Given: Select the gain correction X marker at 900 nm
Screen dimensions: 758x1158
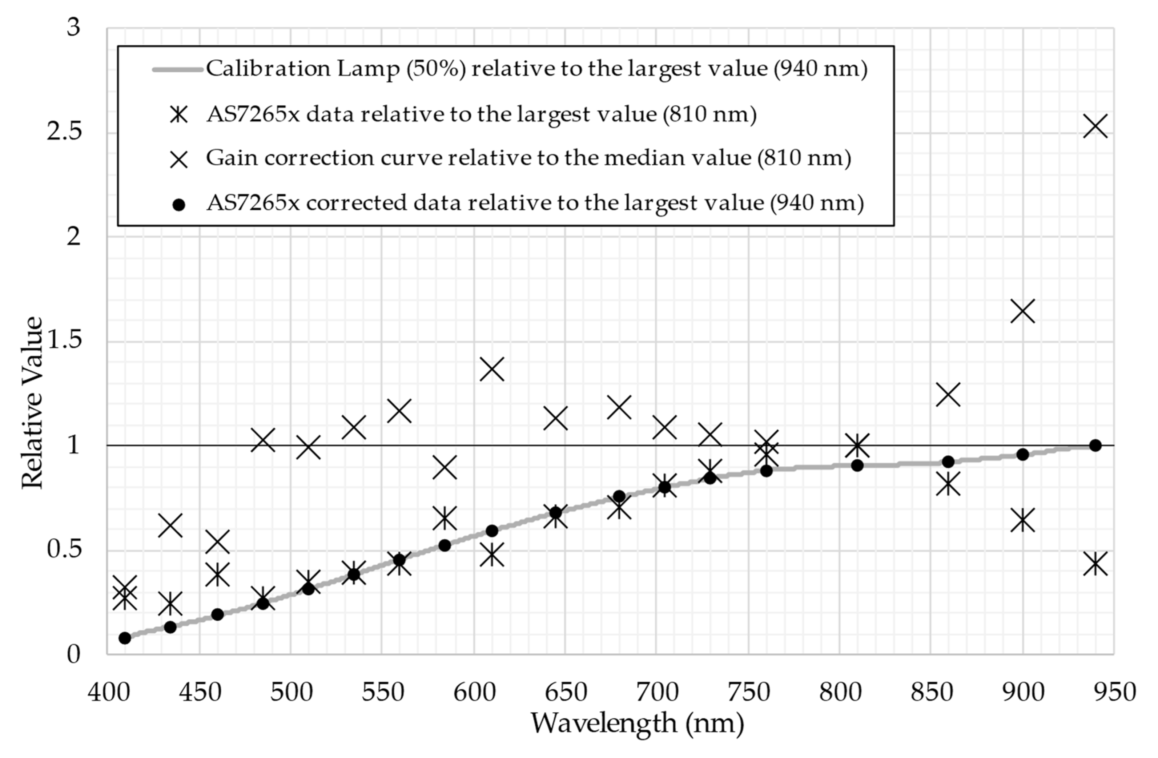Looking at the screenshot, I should (x=1022, y=311).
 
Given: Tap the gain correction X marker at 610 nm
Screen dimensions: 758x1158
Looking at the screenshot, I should (x=492, y=369).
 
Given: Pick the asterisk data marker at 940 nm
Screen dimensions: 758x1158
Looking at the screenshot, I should (x=1095, y=564).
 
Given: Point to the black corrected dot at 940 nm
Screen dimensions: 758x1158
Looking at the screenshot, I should (x=1095, y=445).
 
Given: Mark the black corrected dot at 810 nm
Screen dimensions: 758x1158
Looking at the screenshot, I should (x=857, y=465).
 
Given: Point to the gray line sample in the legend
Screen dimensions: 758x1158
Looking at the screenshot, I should (x=178, y=69).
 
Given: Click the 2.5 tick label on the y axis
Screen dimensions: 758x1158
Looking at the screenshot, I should (x=64, y=132).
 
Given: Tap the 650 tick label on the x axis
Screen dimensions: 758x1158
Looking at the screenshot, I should (x=566, y=692).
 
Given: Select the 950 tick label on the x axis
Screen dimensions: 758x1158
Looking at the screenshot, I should (x=1115, y=692).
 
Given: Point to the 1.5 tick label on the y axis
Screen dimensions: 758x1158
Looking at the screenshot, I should (x=64, y=340).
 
